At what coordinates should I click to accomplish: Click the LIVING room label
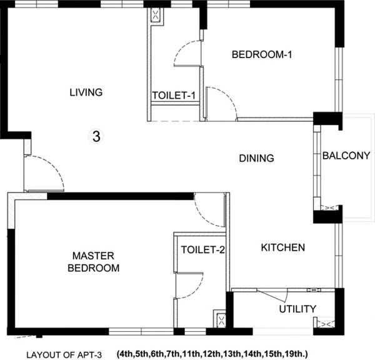click(x=86, y=92)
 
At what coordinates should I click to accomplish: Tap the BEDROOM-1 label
click(x=262, y=55)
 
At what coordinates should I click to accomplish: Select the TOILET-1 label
click(x=174, y=96)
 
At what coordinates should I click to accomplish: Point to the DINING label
click(x=257, y=158)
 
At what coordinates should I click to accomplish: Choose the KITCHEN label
click(x=282, y=247)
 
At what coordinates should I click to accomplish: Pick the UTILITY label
click(x=297, y=309)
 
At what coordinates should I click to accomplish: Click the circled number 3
click(x=96, y=136)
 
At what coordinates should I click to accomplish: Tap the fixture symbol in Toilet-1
click(x=154, y=16)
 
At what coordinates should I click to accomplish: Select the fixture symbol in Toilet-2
click(x=220, y=321)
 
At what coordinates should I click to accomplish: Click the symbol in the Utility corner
click(x=326, y=323)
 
